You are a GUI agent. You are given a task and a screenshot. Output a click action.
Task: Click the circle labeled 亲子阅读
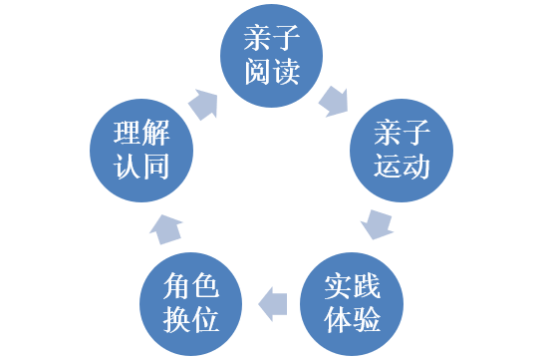(x=271, y=56)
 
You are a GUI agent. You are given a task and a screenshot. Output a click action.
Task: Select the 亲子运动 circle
(x=402, y=150)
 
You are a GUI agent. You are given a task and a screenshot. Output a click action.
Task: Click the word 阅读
(x=271, y=73)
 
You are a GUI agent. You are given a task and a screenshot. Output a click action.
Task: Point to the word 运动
(x=402, y=167)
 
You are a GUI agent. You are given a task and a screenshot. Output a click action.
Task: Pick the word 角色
(x=190, y=285)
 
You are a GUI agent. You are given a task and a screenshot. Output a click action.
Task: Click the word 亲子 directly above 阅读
(x=271, y=39)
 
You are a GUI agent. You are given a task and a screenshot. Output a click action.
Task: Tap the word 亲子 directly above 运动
(x=402, y=133)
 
